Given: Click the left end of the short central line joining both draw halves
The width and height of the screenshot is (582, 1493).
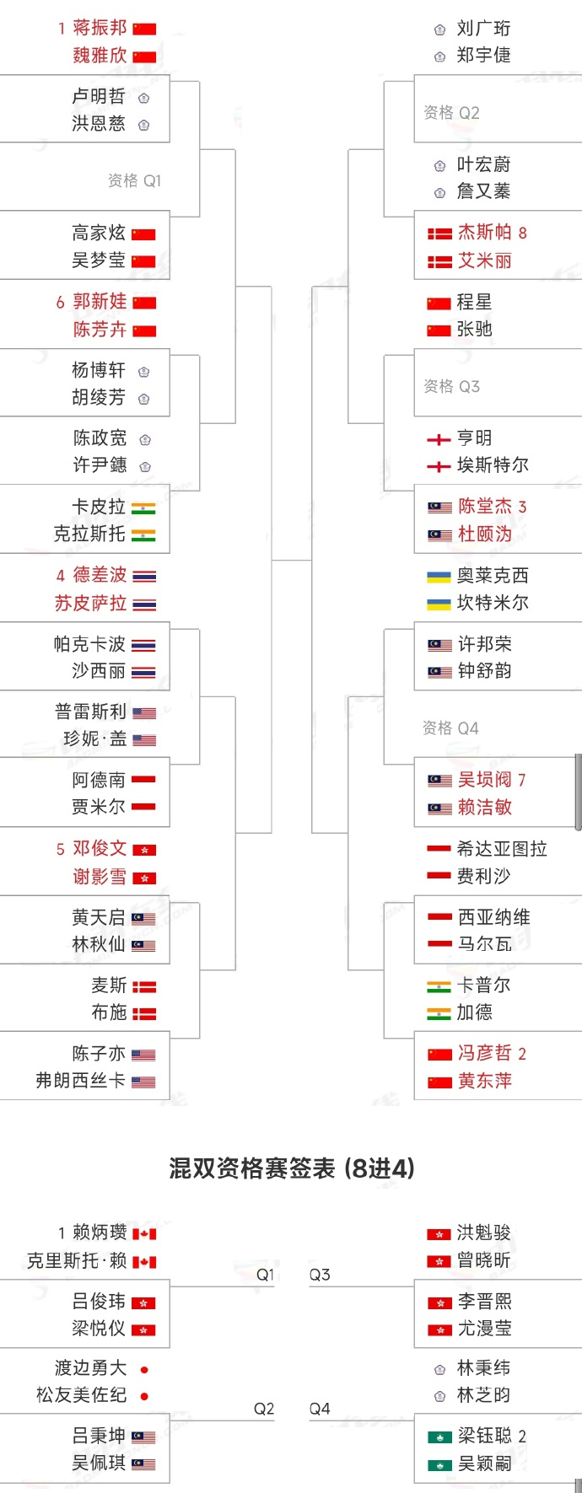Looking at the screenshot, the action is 272,560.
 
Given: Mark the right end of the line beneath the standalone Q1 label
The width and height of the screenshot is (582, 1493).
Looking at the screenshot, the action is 275,1286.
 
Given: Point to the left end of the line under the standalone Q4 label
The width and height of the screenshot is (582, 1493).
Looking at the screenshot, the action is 308,1421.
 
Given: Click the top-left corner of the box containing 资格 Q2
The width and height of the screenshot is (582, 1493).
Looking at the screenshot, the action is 414,75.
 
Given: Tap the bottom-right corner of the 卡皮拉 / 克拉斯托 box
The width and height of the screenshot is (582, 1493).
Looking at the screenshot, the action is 170,553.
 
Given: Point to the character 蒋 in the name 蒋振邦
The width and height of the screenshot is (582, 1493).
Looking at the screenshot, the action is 82,28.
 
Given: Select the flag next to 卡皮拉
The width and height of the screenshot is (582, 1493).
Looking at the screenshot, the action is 143,508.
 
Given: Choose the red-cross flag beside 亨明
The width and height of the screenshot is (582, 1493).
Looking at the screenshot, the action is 439,439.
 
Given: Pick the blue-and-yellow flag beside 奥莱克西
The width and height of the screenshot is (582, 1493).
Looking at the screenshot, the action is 439,577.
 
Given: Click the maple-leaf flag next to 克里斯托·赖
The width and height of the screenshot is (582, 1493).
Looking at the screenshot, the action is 144,1262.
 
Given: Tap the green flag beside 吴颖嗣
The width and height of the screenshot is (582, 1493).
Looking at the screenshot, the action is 439,1465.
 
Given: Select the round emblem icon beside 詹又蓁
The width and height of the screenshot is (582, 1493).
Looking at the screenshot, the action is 439,192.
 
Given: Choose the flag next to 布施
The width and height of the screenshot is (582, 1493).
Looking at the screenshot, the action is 143,1013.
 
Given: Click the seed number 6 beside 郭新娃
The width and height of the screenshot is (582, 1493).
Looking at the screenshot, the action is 60,303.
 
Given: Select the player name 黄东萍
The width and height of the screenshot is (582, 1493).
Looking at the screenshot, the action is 485,1081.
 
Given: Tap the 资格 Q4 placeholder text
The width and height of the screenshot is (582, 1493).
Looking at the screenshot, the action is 450,728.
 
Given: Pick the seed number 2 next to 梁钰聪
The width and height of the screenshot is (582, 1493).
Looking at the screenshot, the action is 522,1437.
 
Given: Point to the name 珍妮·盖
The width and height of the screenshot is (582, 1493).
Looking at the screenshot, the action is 95,739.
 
